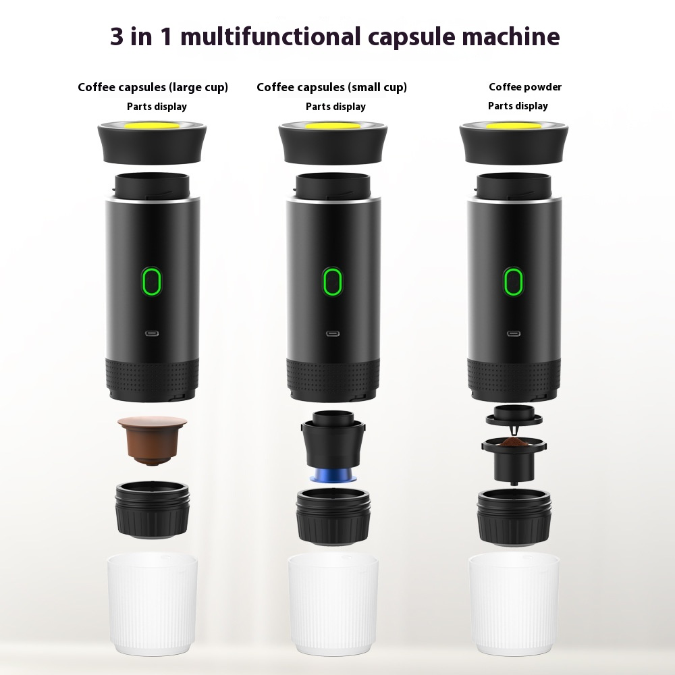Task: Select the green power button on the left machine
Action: (151, 280)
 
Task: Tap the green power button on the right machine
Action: (513, 281)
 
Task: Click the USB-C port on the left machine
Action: (151, 333)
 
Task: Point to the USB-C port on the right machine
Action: (513, 333)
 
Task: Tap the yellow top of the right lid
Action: (513, 126)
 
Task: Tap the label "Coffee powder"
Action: (525, 86)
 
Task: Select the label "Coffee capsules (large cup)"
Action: (153, 87)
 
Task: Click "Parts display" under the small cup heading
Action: (335, 107)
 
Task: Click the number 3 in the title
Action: (119, 36)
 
